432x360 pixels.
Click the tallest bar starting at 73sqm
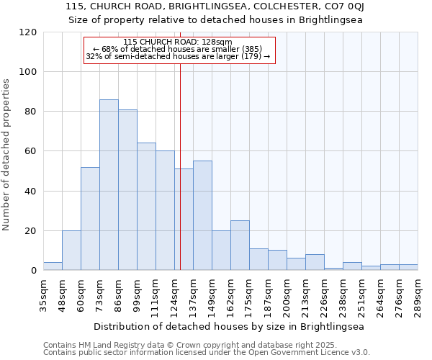coord(109,185)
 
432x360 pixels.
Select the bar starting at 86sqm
coord(127,190)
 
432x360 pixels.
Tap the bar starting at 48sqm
coord(71,251)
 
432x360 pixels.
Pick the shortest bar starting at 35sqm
coord(53,266)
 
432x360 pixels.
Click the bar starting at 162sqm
coord(240,246)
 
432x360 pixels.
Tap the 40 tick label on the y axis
coord(31,192)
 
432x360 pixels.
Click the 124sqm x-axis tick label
coord(175,294)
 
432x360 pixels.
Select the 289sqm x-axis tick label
coord(418,294)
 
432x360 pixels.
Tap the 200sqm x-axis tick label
coord(287,294)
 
